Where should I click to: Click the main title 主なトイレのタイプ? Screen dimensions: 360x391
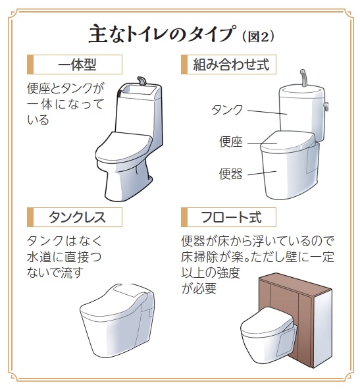(162, 34)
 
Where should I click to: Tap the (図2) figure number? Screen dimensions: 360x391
(258, 37)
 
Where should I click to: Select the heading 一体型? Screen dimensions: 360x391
(77, 65)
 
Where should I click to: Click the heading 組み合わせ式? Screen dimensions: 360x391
(231, 65)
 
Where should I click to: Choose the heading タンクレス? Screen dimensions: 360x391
(77, 217)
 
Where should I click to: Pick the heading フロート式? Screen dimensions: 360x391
(231, 217)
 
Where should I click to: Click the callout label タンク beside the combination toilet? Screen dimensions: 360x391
(227, 110)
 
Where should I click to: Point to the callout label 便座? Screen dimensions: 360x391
(231, 142)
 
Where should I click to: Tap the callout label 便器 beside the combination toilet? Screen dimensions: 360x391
(231, 174)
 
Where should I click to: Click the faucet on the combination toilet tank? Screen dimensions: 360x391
(303, 78)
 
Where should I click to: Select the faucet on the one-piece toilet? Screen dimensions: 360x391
(141, 81)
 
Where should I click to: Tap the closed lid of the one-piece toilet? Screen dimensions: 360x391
(124, 147)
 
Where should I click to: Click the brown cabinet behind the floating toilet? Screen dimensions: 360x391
(296, 320)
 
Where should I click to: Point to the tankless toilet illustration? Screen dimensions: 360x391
(117, 321)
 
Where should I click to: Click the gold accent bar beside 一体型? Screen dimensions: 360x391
(30, 65)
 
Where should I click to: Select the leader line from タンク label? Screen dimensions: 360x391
(267, 112)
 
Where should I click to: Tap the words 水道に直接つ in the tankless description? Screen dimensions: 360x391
(64, 257)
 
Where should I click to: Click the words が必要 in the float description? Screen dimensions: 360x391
(199, 289)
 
